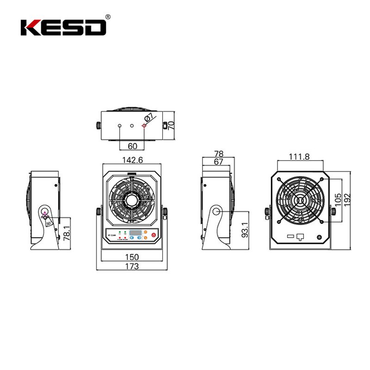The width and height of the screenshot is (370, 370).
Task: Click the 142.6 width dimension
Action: [133, 160]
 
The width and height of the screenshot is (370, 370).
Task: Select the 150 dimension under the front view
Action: [132, 258]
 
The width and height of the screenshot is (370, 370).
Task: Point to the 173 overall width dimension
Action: [132, 266]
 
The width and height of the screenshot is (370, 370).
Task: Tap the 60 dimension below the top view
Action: [132, 146]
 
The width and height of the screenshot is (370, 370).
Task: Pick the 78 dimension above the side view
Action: [219, 153]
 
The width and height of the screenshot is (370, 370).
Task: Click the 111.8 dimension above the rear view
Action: [299, 157]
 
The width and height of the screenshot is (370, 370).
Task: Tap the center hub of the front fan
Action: [133, 200]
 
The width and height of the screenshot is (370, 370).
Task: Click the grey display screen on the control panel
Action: [135, 232]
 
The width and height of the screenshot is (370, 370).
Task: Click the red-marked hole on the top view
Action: [144, 126]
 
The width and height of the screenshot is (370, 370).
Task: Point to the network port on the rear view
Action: [300, 236]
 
